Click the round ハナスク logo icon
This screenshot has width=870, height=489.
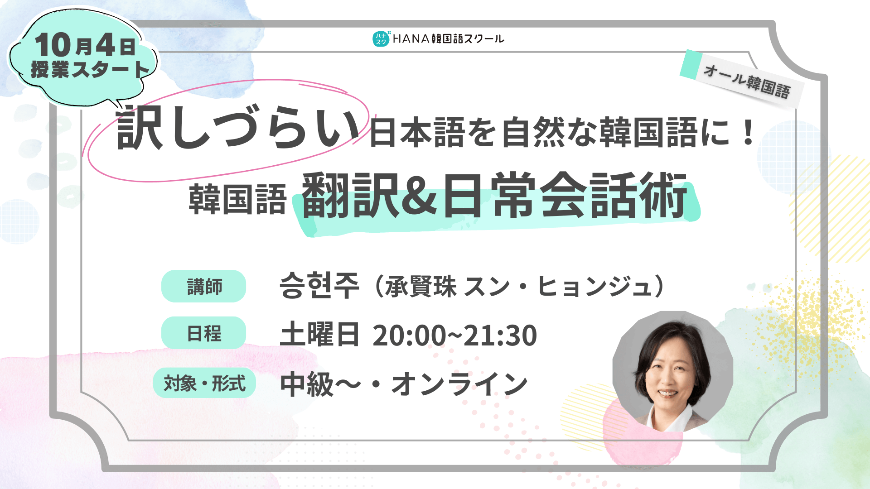[x=381, y=39]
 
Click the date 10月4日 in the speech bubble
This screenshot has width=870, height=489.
[x=86, y=45]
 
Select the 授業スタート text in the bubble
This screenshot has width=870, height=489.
[x=90, y=70]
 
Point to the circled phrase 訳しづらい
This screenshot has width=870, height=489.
[x=237, y=128]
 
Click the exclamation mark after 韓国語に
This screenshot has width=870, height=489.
[x=749, y=132]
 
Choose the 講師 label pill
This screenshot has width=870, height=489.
[x=204, y=286]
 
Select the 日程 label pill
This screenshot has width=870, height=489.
[x=204, y=333]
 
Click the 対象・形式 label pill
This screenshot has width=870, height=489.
[x=204, y=383]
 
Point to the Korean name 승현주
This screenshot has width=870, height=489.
[x=319, y=286]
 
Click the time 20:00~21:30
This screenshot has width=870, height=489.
[x=454, y=335]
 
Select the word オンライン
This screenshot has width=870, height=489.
[x=459, y=384]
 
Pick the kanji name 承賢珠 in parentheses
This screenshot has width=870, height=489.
[x=421, y=287]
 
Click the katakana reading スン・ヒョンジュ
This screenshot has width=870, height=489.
[x=558, y=287]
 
